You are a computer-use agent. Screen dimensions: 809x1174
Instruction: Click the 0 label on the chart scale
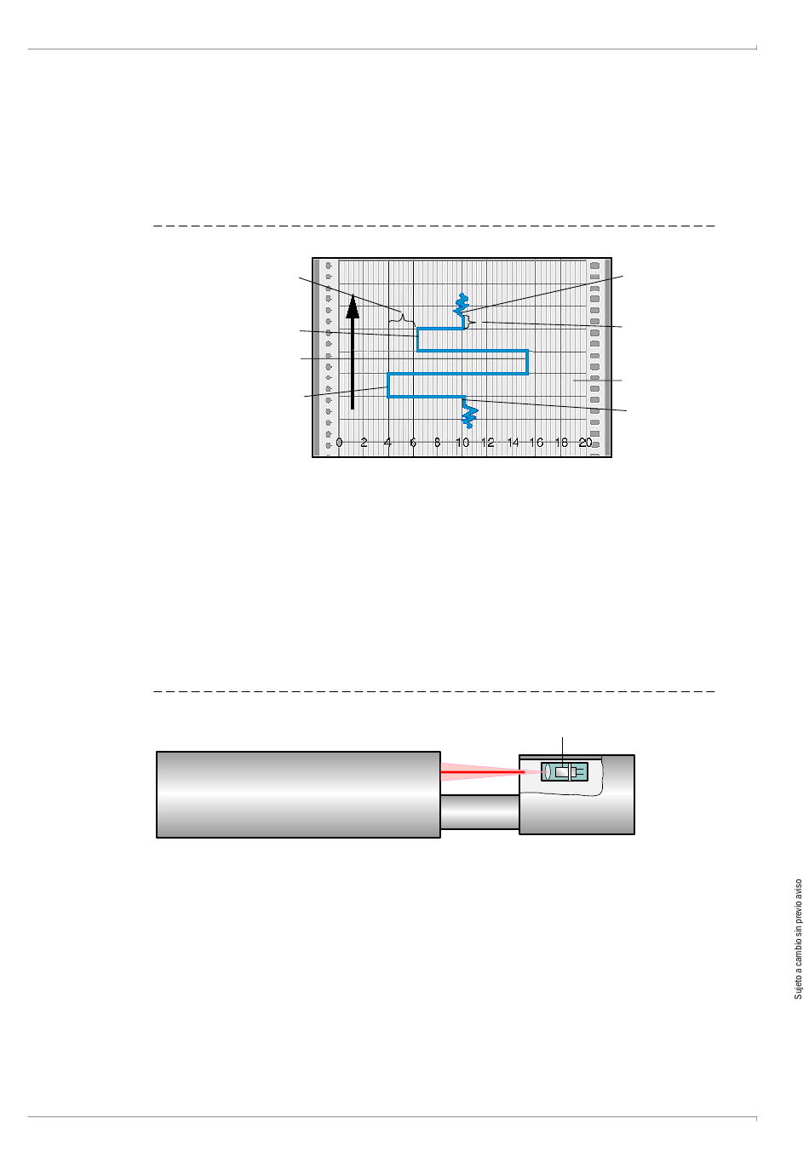tap(339, 443)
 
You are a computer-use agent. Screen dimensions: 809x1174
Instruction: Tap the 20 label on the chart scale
tap(585, 443)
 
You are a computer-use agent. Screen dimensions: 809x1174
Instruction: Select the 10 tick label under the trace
tap(462, 443)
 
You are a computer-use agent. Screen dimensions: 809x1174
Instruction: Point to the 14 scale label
tap(513, 443)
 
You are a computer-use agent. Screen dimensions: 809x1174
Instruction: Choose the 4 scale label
tap(388, 443)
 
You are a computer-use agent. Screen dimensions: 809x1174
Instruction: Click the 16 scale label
tap(536, 443)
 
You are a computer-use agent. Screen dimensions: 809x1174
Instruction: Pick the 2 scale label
tap(364, 443)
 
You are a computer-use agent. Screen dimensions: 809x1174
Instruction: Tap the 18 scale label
tap(561, 443)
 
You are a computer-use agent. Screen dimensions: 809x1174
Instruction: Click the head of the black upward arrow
tap(353, 306)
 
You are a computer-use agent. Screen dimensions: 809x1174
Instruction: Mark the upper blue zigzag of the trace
tap(462, 305)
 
